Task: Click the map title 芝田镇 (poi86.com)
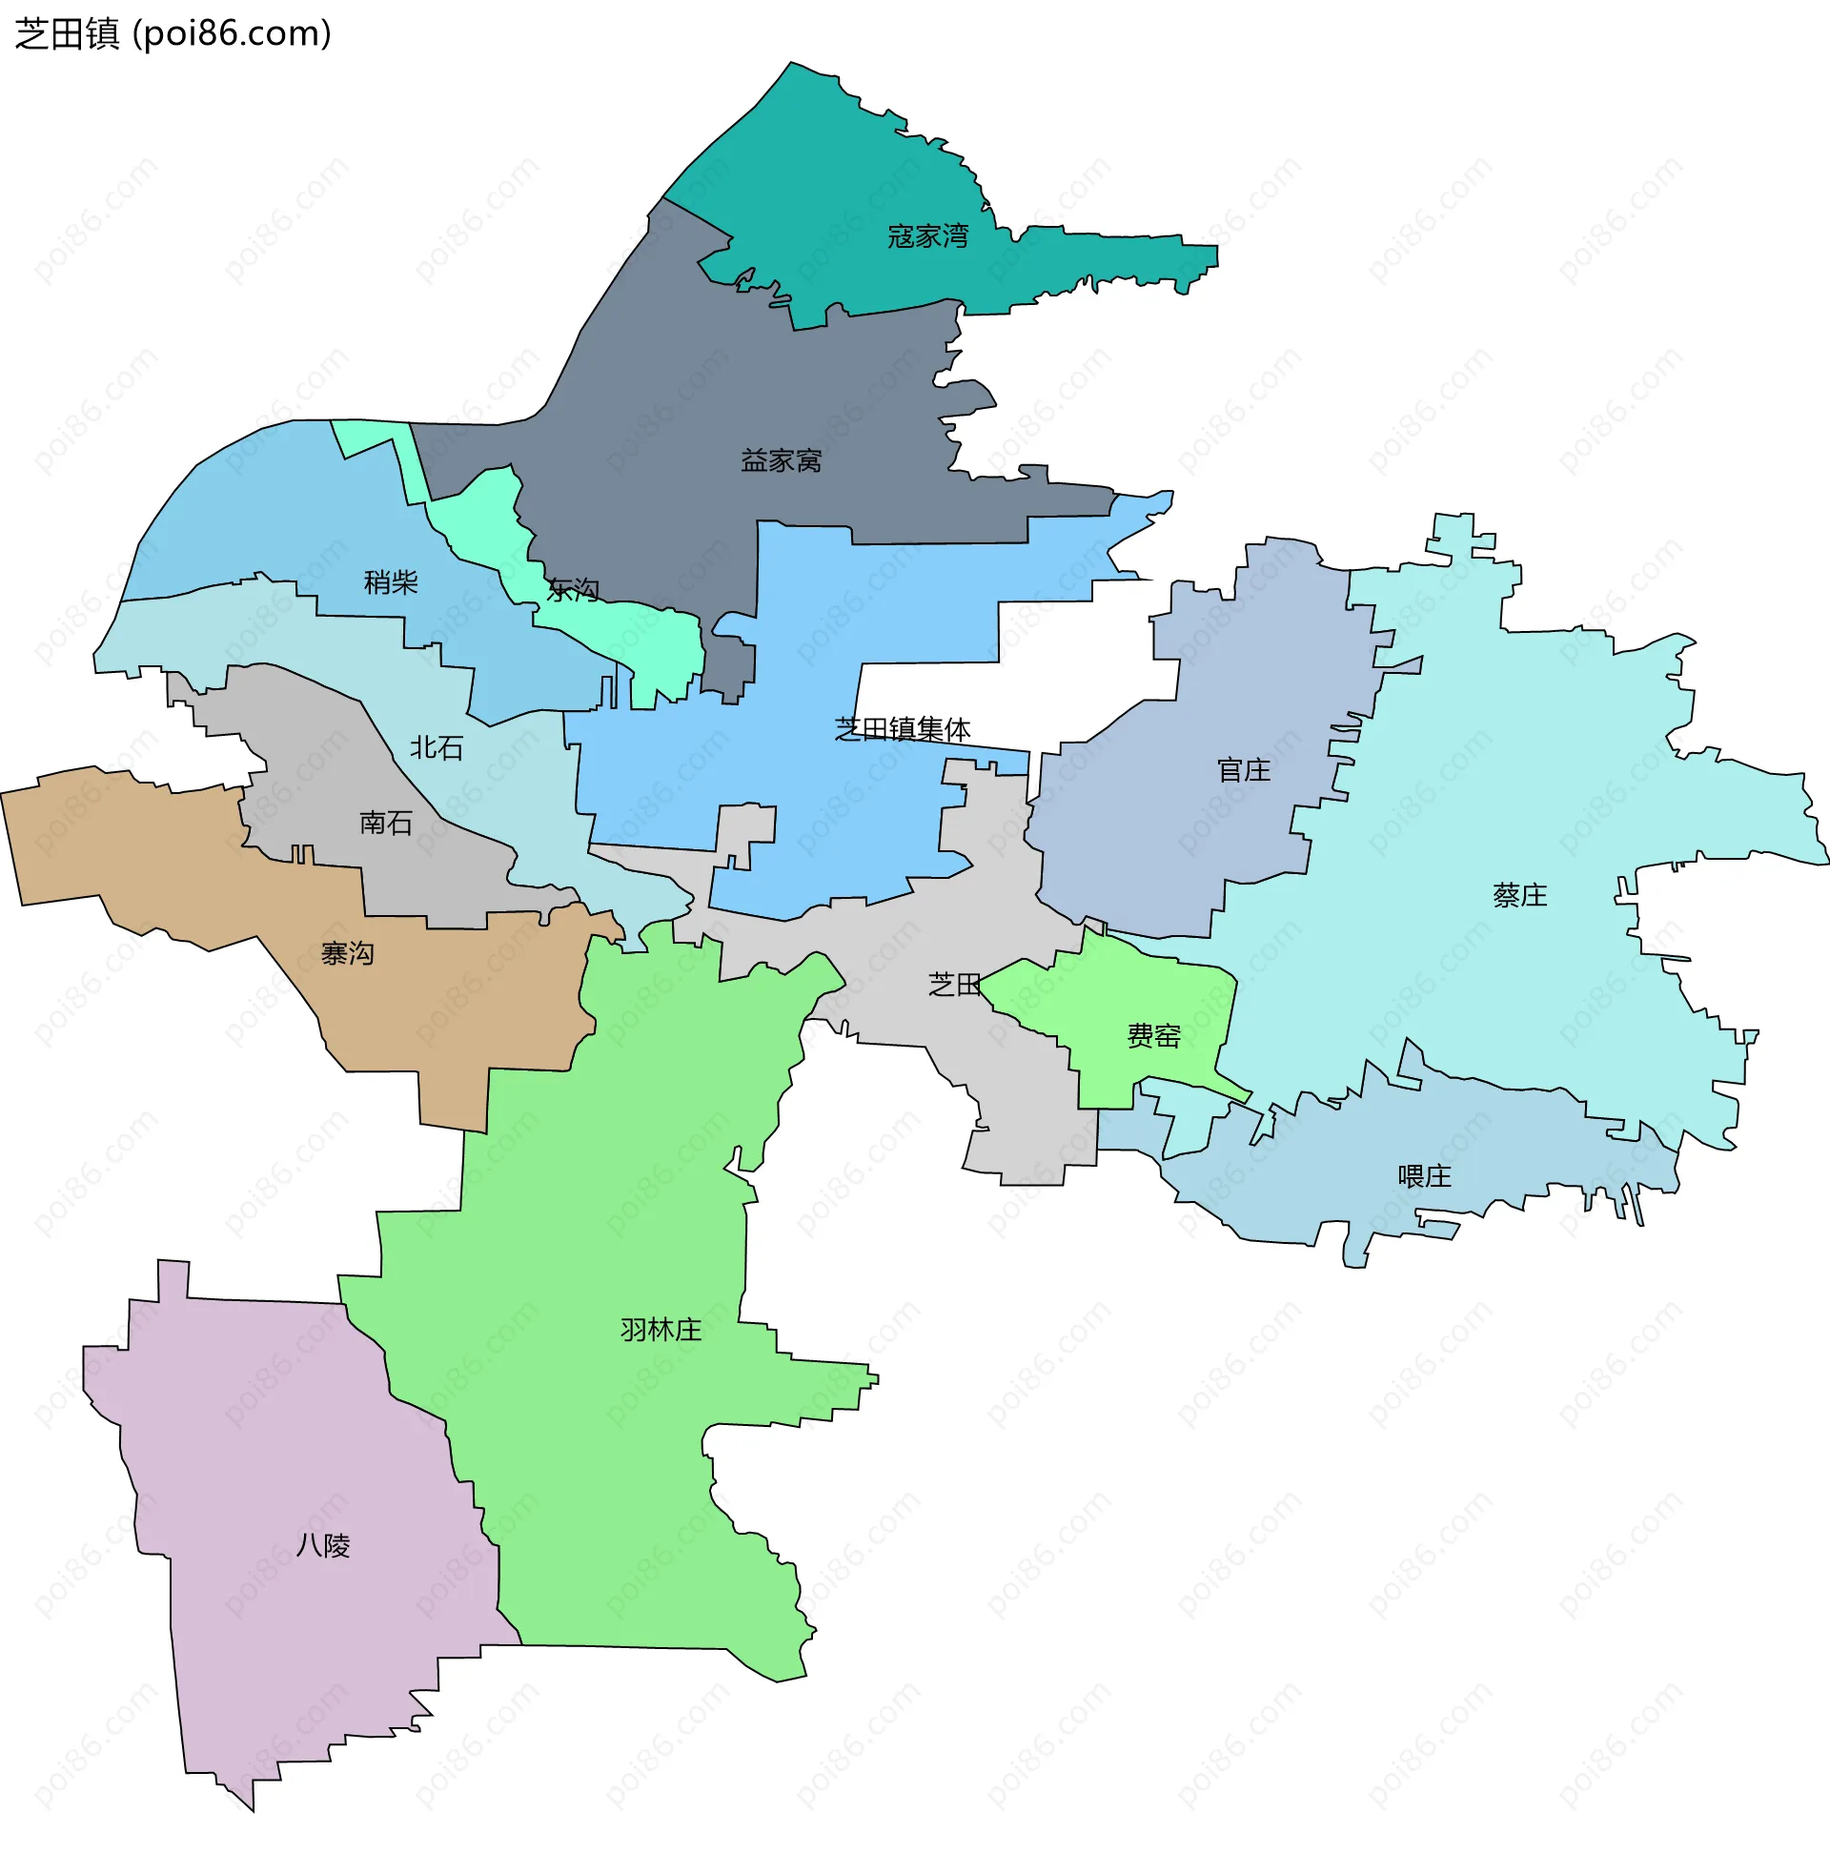point(173,33)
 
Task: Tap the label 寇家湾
point(927,236)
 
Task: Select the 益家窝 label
point(782,461)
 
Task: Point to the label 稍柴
point(391,582)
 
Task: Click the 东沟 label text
point(573,590)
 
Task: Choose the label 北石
point(437,747)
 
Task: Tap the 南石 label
point(386,823)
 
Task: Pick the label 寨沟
point(348,953)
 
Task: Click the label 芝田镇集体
point(903,729)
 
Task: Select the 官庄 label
point(1244,770)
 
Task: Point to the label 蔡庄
point(1520,896)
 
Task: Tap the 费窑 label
point(1153,1036)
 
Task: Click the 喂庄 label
point(1424,1176)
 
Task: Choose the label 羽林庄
point(661,1330)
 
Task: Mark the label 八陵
point(324,1545)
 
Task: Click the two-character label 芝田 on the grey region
point(954,984)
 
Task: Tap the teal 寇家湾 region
point(845,173)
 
